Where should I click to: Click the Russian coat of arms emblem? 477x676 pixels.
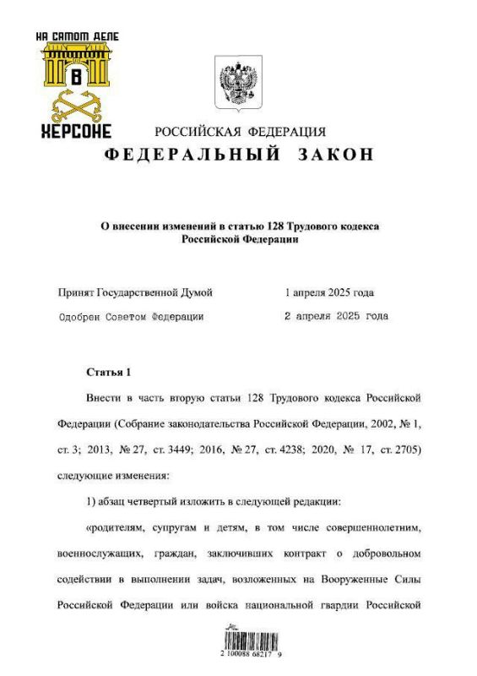(238, 84)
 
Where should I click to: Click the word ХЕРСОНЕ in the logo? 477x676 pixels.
(76, 132)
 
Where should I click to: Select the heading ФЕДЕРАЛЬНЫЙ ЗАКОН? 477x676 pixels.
(238, 155)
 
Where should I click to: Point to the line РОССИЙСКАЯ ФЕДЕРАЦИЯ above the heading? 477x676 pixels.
(239, 132)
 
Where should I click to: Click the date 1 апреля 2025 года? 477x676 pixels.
(329, 292)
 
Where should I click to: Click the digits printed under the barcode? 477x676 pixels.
(239, 654)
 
